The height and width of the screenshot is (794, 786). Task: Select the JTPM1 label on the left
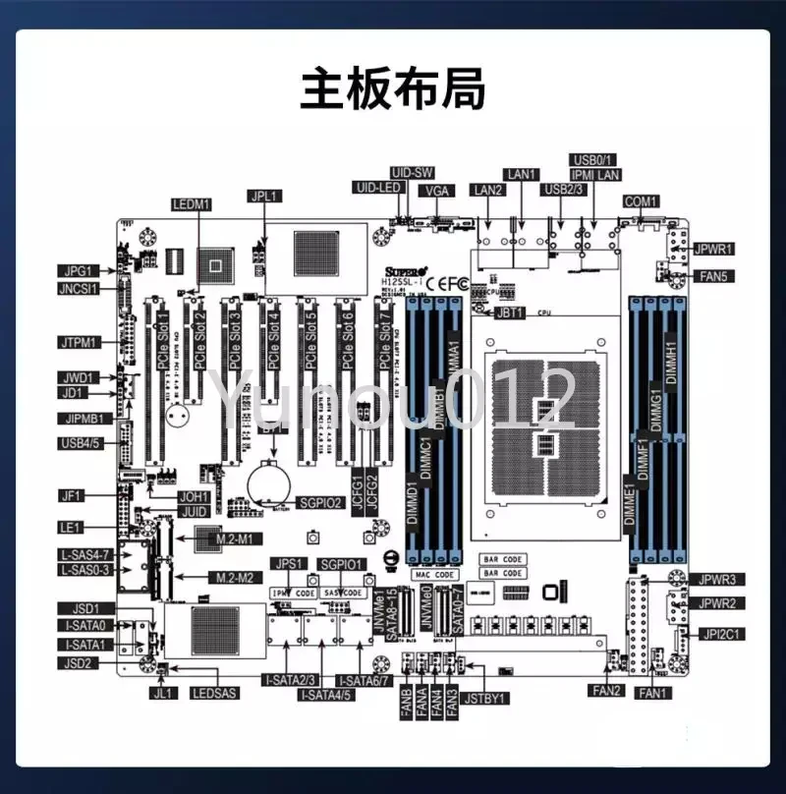click(78, 342)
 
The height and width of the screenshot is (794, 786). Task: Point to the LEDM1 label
click(192, 204)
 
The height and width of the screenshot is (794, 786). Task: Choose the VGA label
click(437, 190)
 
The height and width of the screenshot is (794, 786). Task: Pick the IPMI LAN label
click(595, 175)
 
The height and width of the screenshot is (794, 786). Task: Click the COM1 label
click(642, 201)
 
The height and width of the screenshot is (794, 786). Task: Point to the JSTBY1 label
click(485, 699)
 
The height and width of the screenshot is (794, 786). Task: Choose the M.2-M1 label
click(234, 539)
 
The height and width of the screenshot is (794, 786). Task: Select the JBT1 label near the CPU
click(512, 313)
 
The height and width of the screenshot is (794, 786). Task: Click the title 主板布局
click(392, 88)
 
